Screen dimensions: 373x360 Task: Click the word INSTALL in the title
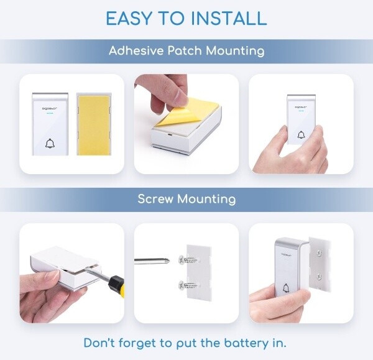[x=229, y=18]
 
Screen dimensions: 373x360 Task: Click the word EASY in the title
[x=129, y=18]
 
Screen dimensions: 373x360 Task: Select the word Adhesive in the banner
[x=137, y=51]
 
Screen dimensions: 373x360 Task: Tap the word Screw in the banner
[x=155, y=199]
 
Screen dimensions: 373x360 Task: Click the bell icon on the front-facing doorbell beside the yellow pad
[x=50, y=144]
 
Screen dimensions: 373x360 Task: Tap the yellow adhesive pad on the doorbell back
[x=93, y=126]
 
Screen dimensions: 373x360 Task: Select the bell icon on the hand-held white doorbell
[x=301, y=135]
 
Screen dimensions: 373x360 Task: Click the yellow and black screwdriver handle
[x=116, y=287]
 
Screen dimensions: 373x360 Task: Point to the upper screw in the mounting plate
[x=188, y=260]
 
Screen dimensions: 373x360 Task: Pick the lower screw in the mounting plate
[x=188, y=285]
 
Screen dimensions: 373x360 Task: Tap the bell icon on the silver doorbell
[x=286, y=288]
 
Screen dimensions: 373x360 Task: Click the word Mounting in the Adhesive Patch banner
[x=235, y=51]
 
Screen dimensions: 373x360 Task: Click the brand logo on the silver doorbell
[x=286, y=255]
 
